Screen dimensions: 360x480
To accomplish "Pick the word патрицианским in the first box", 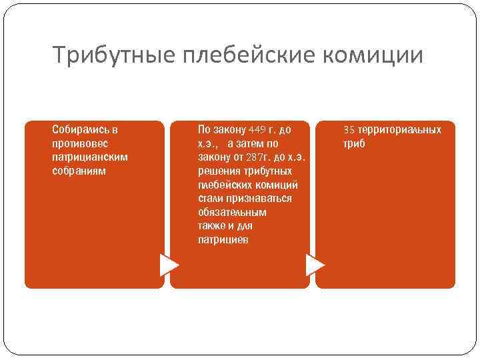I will coord(90,157).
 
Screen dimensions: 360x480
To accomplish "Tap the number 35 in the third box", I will coord(349,129).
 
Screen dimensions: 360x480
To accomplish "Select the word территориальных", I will coord(400,129).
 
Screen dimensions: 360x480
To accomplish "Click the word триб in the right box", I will coord(354,143).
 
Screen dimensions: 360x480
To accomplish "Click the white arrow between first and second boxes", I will coord(169,265).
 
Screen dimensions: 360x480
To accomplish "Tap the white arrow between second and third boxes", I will coord(315,265).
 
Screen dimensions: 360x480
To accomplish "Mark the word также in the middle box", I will coord(211,226).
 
